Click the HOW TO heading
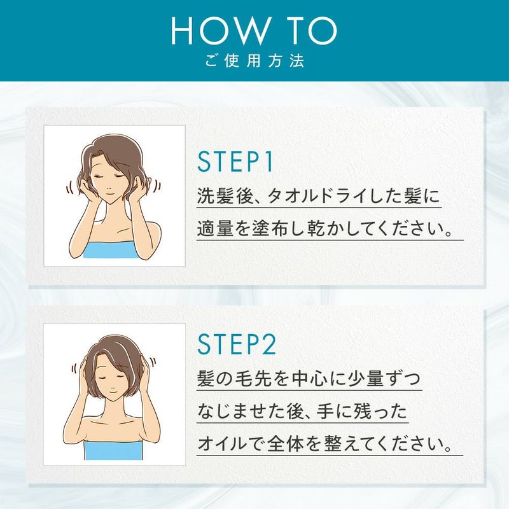(254, 31)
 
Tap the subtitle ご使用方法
(254, 60)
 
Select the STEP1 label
(235, 162)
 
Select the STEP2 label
(237, 344)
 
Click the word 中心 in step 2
(310, 378)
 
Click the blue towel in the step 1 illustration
(111, 249)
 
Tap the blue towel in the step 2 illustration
(113, 450)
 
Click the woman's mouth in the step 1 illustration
(109, 195)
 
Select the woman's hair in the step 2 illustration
(115, 353)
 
